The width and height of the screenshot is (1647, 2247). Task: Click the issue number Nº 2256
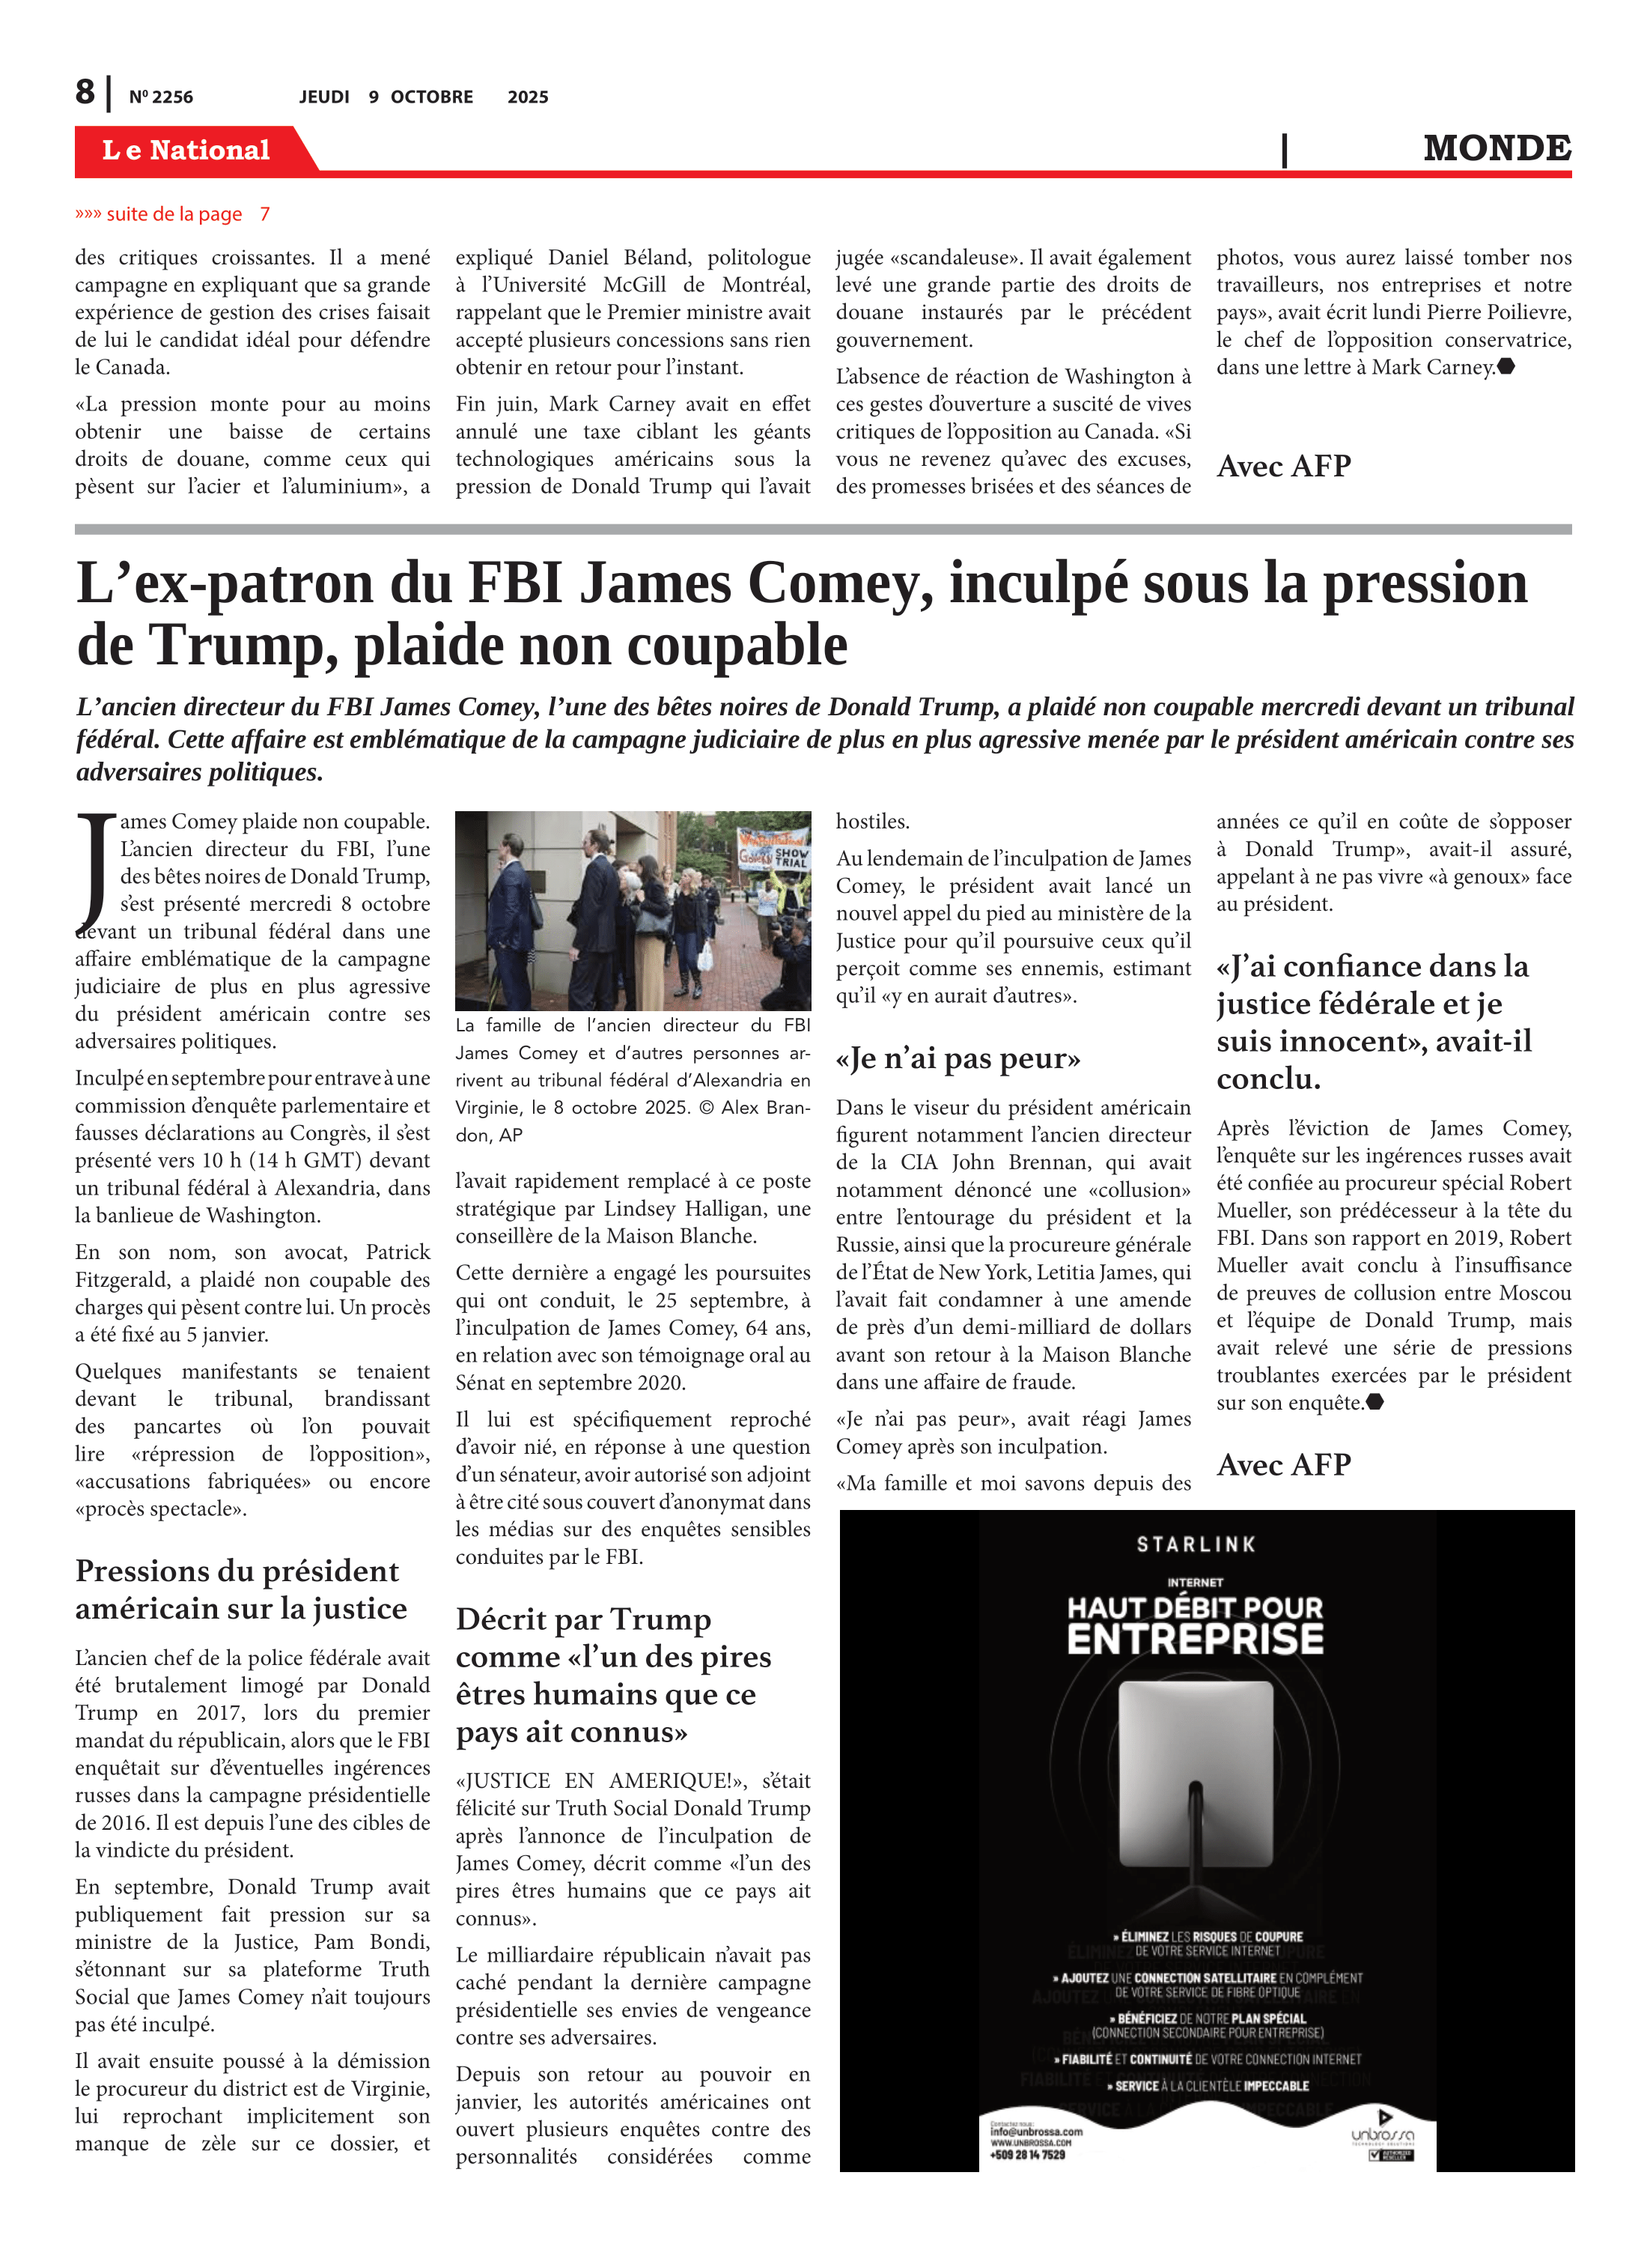click(160, 97)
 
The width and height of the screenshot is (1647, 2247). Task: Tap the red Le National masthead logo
click(186, 151)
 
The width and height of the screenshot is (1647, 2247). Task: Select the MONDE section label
click(1497, 148)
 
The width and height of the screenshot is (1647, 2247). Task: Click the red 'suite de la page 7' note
click(172, 214)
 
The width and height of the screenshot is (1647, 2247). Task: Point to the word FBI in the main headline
click(514, 583)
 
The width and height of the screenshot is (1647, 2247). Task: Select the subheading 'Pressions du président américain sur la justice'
click(240, 1590)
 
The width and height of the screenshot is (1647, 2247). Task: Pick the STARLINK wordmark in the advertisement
click(1196, 1545)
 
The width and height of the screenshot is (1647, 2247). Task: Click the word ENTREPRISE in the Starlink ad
click(1196, 1640)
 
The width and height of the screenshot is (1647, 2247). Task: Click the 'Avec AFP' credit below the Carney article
click(1283, 466)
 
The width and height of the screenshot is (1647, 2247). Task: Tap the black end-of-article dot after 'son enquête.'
click(1374, 1402)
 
